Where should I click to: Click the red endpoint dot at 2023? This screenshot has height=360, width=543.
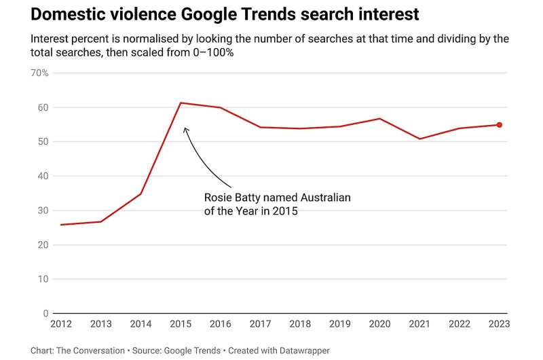point(499,125)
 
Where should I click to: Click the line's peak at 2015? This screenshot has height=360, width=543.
point(181,103)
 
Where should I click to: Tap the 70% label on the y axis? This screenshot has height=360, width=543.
point(39,73)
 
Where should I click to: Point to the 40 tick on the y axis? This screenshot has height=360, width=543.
point(43,176)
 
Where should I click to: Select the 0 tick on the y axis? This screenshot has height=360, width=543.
point(45,314)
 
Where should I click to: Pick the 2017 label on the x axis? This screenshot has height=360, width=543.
point(260,324)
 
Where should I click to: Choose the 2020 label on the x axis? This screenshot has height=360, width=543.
point(379,324)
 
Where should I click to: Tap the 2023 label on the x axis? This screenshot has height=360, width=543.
point(499,324)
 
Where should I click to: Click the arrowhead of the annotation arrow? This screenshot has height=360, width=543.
point(185,128)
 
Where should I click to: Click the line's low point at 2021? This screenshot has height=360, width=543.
point(419,139)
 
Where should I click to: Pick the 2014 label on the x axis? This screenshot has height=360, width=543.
point(141,324)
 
